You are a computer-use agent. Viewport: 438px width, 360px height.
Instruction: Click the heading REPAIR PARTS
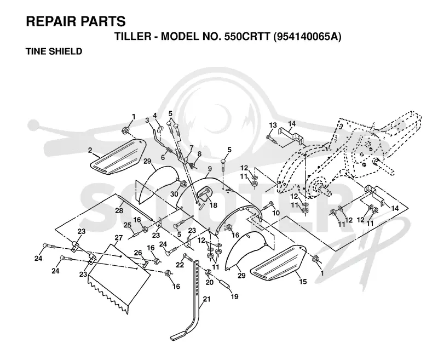[76, 21]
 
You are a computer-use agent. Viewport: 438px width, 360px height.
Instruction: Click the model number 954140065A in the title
[307, 37]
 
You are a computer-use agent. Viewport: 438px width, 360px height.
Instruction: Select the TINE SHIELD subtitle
[54, 52]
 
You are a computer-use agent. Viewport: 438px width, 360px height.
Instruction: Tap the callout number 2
[90, 150]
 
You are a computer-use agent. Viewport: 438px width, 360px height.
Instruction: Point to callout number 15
[303, 282]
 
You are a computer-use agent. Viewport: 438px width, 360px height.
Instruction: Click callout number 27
[119, 238]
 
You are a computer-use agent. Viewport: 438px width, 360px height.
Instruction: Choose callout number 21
[206, 299]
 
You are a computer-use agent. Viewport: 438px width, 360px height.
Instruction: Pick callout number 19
[235, 296]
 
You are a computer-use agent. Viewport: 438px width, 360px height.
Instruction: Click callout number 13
[273, 125]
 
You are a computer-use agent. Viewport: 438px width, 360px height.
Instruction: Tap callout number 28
[119, 210]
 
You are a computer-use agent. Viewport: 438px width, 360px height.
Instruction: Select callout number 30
[174, 193]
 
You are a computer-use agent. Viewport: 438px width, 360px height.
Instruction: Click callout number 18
[214, 205]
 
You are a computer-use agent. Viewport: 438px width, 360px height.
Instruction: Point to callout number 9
[210, 169]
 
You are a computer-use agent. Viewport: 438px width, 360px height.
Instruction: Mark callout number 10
[276, 213]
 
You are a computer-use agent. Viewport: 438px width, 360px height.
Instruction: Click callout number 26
[138, 253]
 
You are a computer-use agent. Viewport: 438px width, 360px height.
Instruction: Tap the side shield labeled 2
[119, 157]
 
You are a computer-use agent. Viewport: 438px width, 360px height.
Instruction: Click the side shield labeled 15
[276, 262]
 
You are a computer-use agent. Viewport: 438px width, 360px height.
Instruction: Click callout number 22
[180, 264]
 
